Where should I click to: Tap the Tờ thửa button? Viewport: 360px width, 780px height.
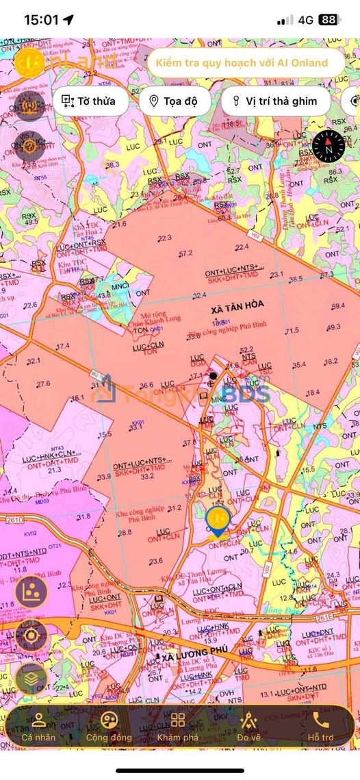tap(89, 101)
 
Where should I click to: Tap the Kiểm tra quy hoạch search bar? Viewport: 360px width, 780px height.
tap(242, 63)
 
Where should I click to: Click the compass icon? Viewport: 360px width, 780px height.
tap(328, 144)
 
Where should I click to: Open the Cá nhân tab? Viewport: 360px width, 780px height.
tap(38, 727)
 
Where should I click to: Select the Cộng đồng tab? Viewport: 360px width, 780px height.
tap(108, 727)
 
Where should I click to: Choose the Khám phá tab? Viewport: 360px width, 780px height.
tap(178, 727)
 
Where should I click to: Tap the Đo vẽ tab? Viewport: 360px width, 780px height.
tap(249, 727)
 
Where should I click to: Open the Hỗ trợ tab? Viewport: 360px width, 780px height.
tap(320, 727)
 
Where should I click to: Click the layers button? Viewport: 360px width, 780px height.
tap(31, 679)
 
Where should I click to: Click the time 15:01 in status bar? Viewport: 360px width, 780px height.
tap(42, 20)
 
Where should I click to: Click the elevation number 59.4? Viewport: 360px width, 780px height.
tap(338, 306)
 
